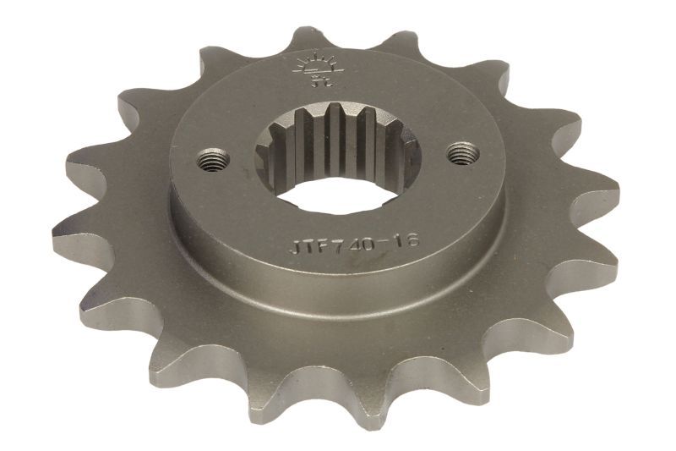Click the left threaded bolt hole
[214, 157]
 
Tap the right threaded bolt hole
[461, 153]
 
